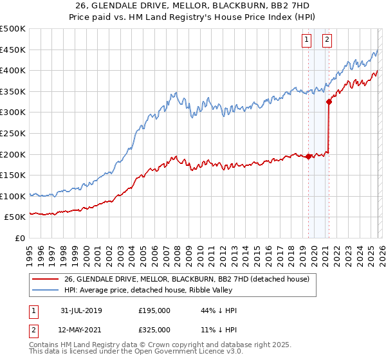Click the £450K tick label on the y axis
coord(13,50)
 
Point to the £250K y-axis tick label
coord(13,133)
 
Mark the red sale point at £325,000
coord(329,101)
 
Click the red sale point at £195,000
coord(308,156)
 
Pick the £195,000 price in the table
coord(154,310)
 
